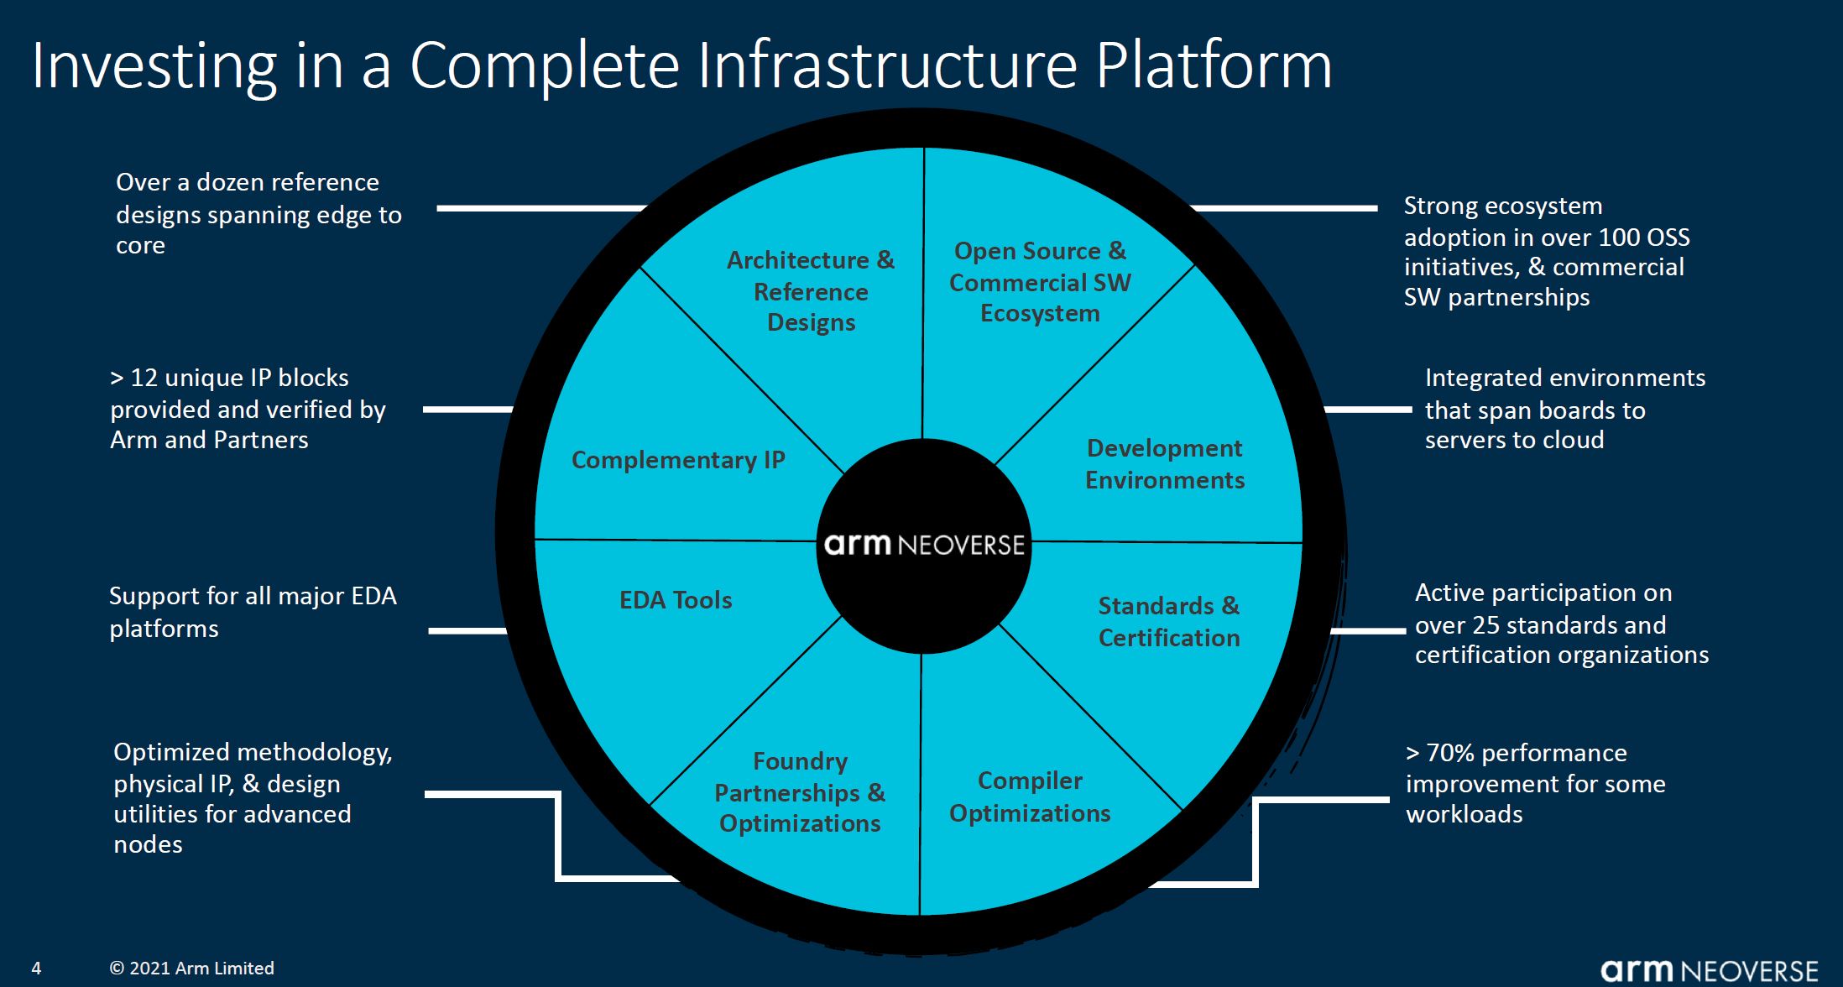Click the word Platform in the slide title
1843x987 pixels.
point(1214,65)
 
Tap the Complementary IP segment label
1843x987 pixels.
point(678,460)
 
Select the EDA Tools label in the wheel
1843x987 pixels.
point(676,600)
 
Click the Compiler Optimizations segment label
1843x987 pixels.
point(1030,796)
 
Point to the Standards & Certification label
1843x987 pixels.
point(1168,622)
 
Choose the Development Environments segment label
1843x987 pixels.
point(1165,464)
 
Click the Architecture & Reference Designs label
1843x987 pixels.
point(811,291)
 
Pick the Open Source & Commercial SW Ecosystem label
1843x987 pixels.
point(1040,282)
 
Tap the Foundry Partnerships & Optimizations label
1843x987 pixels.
point(800,792)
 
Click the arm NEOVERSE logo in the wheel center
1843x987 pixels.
point(924,545)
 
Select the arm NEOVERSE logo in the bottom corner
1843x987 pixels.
point(1709,970)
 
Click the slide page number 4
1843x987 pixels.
point(36,969)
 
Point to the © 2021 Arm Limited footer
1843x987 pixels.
point(191,969)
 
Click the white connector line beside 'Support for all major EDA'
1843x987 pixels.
point(467,630)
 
